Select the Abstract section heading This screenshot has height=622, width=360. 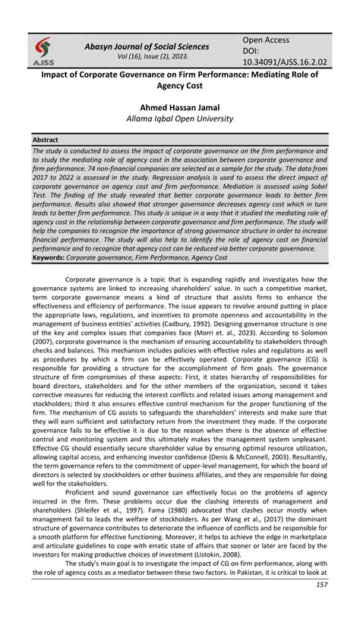tap(46, 141)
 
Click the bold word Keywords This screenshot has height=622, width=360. tap(48, 257)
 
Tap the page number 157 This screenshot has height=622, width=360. tap(321, 605)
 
